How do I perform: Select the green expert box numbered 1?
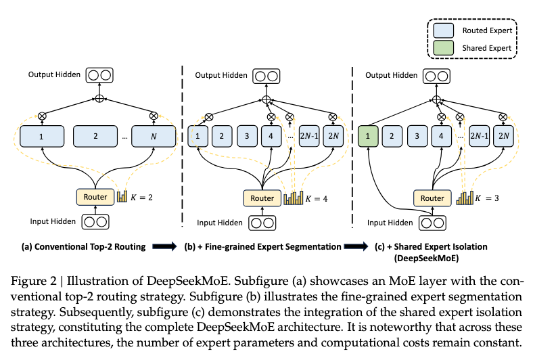point(367,135)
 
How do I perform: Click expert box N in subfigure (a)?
point(153,135)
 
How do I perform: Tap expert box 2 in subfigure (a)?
point(95,135)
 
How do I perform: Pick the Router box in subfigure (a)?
point(95,196)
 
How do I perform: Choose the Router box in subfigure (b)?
point(262,198)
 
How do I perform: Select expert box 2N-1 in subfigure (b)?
point(308,135)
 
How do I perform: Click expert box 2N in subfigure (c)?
point(502,135)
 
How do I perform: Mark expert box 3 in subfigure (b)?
point(248,135)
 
